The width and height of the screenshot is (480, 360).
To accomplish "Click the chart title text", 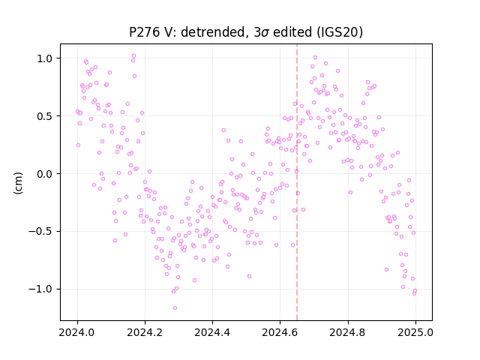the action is tap(246, 32).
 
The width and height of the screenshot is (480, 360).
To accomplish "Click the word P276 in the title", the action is tap(144, 32).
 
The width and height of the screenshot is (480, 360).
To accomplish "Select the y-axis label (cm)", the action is tap(18, 183).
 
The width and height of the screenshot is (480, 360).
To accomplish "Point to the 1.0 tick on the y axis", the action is tap(45, 58).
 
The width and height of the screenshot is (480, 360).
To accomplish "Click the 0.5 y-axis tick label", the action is tap(45, 116).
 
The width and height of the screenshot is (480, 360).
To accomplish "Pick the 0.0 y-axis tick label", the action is tap(45, 174).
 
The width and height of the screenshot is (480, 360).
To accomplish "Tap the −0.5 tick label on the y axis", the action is tap(40, 232).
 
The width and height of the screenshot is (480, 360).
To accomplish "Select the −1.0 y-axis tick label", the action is tap(40, 289).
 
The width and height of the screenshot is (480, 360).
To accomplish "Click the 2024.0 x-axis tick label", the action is tap(77, 332).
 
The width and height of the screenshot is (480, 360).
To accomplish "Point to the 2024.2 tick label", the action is tap(145, 332).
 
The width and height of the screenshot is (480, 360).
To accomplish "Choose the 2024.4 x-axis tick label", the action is tap(212, 332).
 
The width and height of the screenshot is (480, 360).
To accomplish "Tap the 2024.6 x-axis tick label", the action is tap(280, 332).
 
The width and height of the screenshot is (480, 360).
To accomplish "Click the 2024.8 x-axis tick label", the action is tap(348, 332).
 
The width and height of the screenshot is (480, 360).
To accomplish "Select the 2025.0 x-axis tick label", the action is tap(415, 332).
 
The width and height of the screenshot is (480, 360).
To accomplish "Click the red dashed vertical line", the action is tap(297, 182).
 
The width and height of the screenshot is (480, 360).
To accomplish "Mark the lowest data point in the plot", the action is tap(175, 307).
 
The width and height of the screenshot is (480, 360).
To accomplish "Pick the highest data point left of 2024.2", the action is tap(133, 56).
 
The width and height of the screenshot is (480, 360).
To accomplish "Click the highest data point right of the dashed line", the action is tap(315, 58).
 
